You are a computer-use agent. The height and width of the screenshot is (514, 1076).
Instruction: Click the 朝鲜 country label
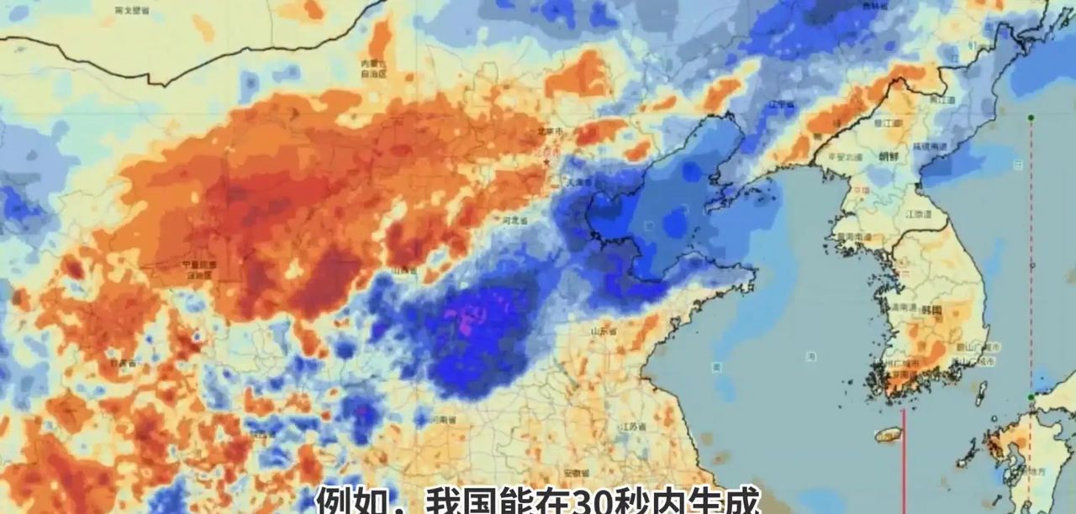[888, 156]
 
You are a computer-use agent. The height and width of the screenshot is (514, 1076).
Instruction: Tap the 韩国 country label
[931, 310]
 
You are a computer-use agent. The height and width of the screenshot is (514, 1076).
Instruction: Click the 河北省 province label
[514, 220]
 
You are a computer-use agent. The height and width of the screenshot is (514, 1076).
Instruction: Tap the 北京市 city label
[551, 132]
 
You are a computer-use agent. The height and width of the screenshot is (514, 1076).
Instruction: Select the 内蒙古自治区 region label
[374, 68]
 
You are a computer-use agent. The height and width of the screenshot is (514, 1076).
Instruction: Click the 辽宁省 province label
[783, 105]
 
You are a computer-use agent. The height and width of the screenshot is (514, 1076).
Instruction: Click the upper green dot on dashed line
[1031, 118]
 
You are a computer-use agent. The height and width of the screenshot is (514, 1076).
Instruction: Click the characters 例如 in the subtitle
[344, 501]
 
